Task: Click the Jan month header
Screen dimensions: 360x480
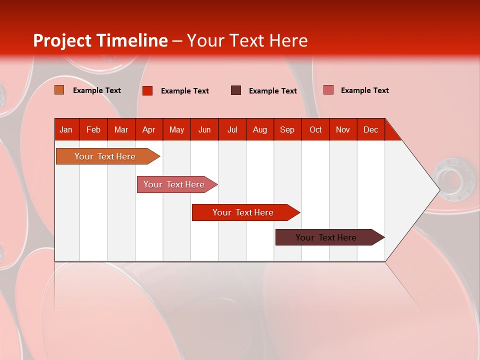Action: pyautogui.click(x=66, y=129)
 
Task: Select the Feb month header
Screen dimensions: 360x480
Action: pyautogui.click(x=93, y=129)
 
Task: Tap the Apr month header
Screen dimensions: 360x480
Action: pyautogui.click(x=148, y=129)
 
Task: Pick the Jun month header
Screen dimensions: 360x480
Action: pyautogui.click(x=204, y=129)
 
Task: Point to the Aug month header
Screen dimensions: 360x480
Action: pyautogui.click(x=259, y=129)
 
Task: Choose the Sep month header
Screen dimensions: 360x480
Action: pyautogui.click(x=287, y=129)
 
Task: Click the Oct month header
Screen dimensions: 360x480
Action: pyautogui.click(x=315, y=129)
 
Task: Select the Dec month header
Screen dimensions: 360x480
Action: pyautogui.click(x=370, y=129)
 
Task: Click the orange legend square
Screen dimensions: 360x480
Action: pyautogui.click(x=59, y=90)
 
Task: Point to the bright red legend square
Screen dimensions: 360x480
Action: pyautogui.click(x=147, y=90)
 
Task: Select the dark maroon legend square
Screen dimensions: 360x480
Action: pyautogui.click(x=236, y=90)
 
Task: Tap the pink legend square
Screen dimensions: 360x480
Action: pyautogui.click(x=328, y=90)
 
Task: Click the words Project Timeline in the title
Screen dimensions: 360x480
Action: pyautogui.click(x=100, y=40)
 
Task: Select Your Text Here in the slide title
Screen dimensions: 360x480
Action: pyautogui.click(x=247, y=40)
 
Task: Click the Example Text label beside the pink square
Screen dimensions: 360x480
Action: pyautogui.click(x=364, y=90)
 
